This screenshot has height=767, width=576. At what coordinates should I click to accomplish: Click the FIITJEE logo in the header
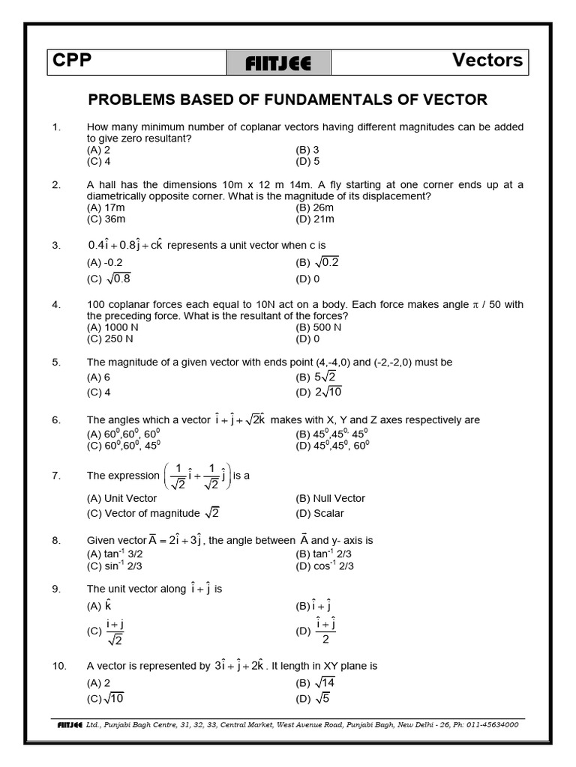pyautogui.click(x=277, y=63)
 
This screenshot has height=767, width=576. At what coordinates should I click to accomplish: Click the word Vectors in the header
pyautogui.click(x=487, y=61)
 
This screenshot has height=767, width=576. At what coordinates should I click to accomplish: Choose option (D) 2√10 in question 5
pyautogui.click(x=319, y=391)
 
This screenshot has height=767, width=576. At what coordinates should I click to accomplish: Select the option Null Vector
pyautogui.click(x=331, y=498)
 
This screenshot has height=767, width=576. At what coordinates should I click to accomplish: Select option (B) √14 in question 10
pyautogui.click(x=316, y=682)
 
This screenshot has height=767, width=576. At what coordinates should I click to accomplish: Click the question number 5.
pyautogui.click(x=55, y=363)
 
